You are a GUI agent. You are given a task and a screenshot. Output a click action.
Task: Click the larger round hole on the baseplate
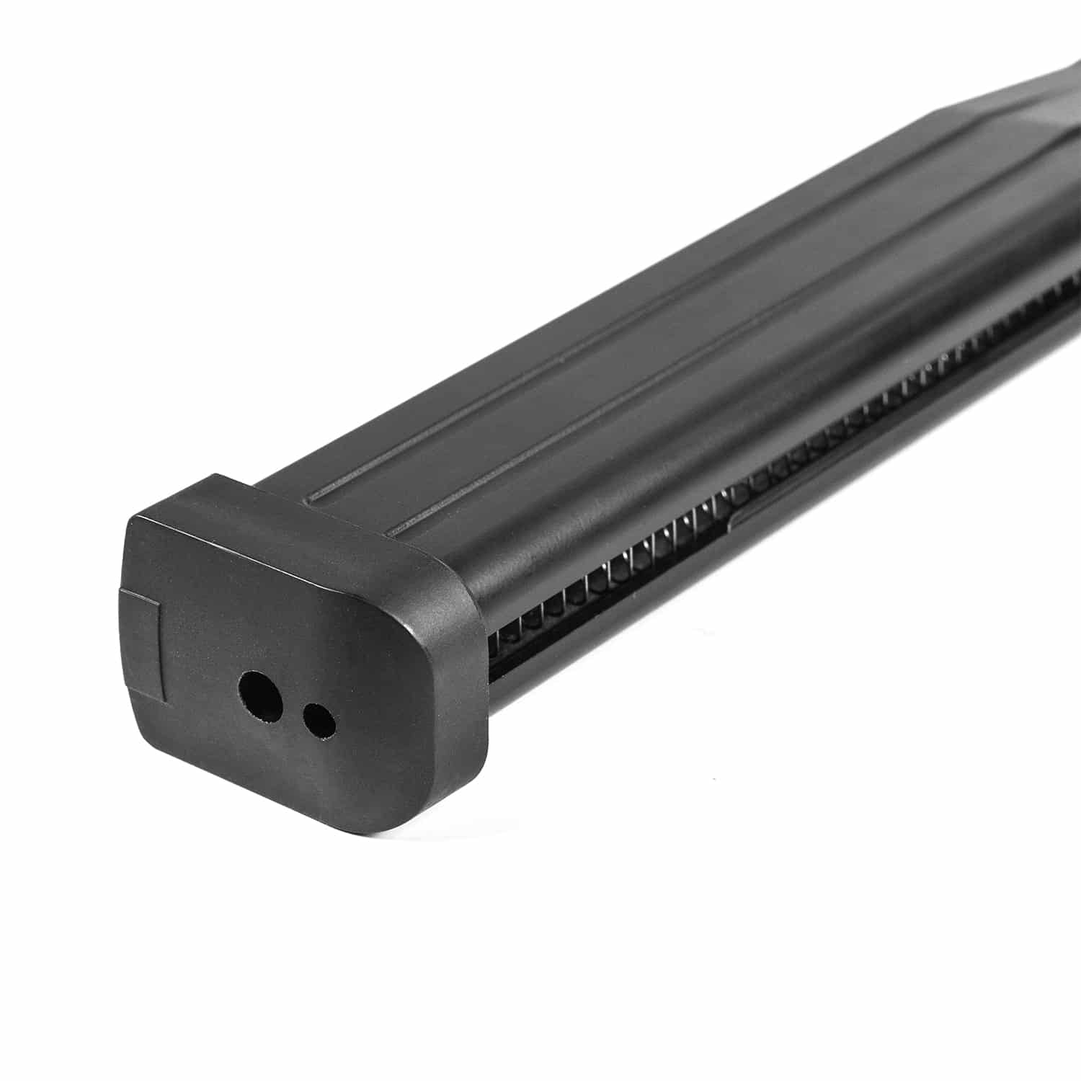click(262, 695)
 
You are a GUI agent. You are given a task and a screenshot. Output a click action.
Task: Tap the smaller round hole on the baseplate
click(319, 720)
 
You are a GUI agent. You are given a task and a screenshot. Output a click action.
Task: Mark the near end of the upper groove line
click(311, 498)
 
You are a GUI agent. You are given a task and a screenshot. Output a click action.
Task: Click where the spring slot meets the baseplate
click(494, 649)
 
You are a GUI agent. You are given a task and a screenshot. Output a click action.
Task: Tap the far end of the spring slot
click(1074, 281)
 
